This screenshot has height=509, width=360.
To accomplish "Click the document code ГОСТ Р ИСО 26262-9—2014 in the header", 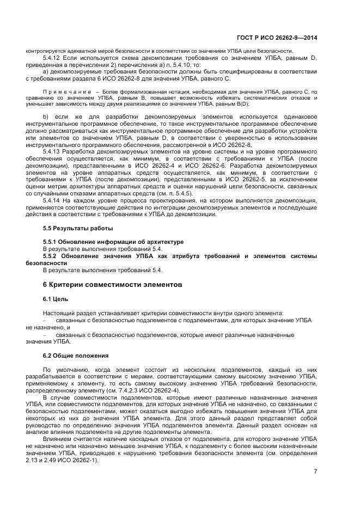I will coord(278,38).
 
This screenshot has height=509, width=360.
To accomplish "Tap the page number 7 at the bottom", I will coord(315,472).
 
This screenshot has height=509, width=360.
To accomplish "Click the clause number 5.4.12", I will coord(51,58).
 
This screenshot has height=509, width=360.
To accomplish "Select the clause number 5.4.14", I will coord(51,201).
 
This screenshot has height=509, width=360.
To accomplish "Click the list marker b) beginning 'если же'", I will coord(45,116).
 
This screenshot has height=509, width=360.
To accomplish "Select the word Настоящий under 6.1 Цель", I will coord(57,314).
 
